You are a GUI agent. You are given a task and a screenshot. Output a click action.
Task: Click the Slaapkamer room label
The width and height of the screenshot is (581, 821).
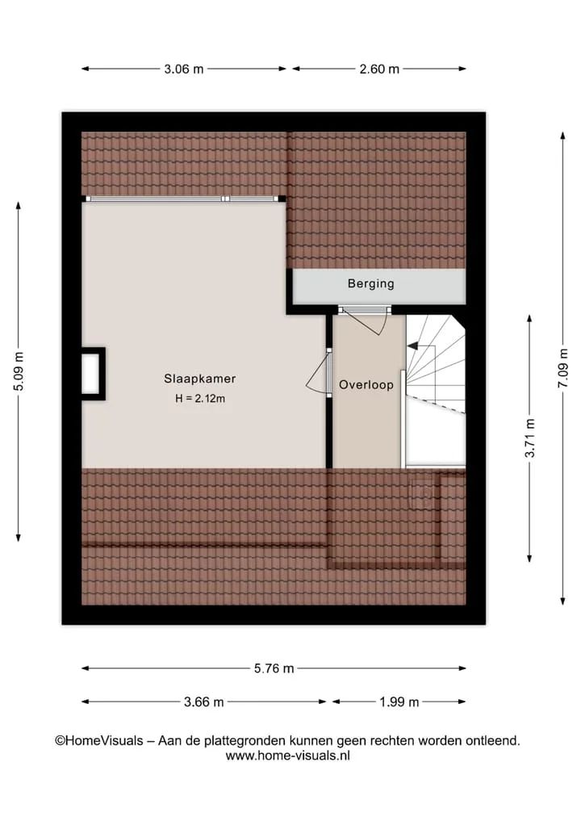(199, 379)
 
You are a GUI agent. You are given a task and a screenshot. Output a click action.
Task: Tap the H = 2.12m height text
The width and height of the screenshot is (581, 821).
(200, 399)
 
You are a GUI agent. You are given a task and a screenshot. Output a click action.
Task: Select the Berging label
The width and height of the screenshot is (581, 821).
(371, 284)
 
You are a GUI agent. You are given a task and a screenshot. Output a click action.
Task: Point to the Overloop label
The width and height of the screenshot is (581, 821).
(366, 385)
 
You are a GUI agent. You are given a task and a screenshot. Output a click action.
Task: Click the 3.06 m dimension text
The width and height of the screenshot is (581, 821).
(184, 69)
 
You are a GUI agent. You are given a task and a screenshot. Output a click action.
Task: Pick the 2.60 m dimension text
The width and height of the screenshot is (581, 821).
(379, 69)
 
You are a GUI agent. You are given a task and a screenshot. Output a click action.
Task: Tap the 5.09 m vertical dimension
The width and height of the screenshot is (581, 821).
(19, 371)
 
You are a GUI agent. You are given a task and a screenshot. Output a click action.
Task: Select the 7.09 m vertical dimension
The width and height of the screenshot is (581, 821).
(562, 368)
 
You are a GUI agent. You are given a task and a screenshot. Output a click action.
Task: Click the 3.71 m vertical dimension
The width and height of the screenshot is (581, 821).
(529, 438)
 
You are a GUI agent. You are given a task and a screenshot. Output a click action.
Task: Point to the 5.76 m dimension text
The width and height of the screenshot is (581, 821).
(274, 668)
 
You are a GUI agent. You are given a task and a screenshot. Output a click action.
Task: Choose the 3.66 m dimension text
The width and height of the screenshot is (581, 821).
(203, 702)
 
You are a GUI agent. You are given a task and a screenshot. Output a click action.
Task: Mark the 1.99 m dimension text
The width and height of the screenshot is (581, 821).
(399, 702)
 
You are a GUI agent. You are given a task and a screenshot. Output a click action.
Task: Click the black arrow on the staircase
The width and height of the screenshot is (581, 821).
(412, 346)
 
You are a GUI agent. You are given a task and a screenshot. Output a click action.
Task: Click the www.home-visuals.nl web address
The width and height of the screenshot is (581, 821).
(287, 756)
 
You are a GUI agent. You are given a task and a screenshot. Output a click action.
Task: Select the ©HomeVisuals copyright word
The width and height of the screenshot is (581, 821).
(99, 741)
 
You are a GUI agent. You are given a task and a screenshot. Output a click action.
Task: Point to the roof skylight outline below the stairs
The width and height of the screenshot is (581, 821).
(422, 492)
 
